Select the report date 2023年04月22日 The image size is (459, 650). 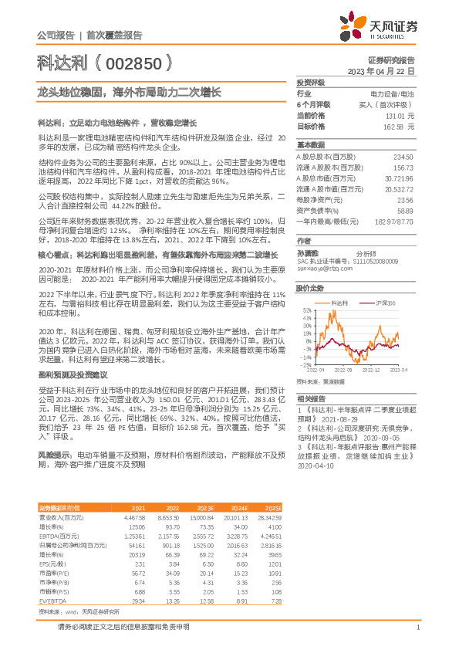(x=383, y=70)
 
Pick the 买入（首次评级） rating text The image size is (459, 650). (x=390, y=104)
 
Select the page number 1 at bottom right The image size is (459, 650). (x=417, y=626)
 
